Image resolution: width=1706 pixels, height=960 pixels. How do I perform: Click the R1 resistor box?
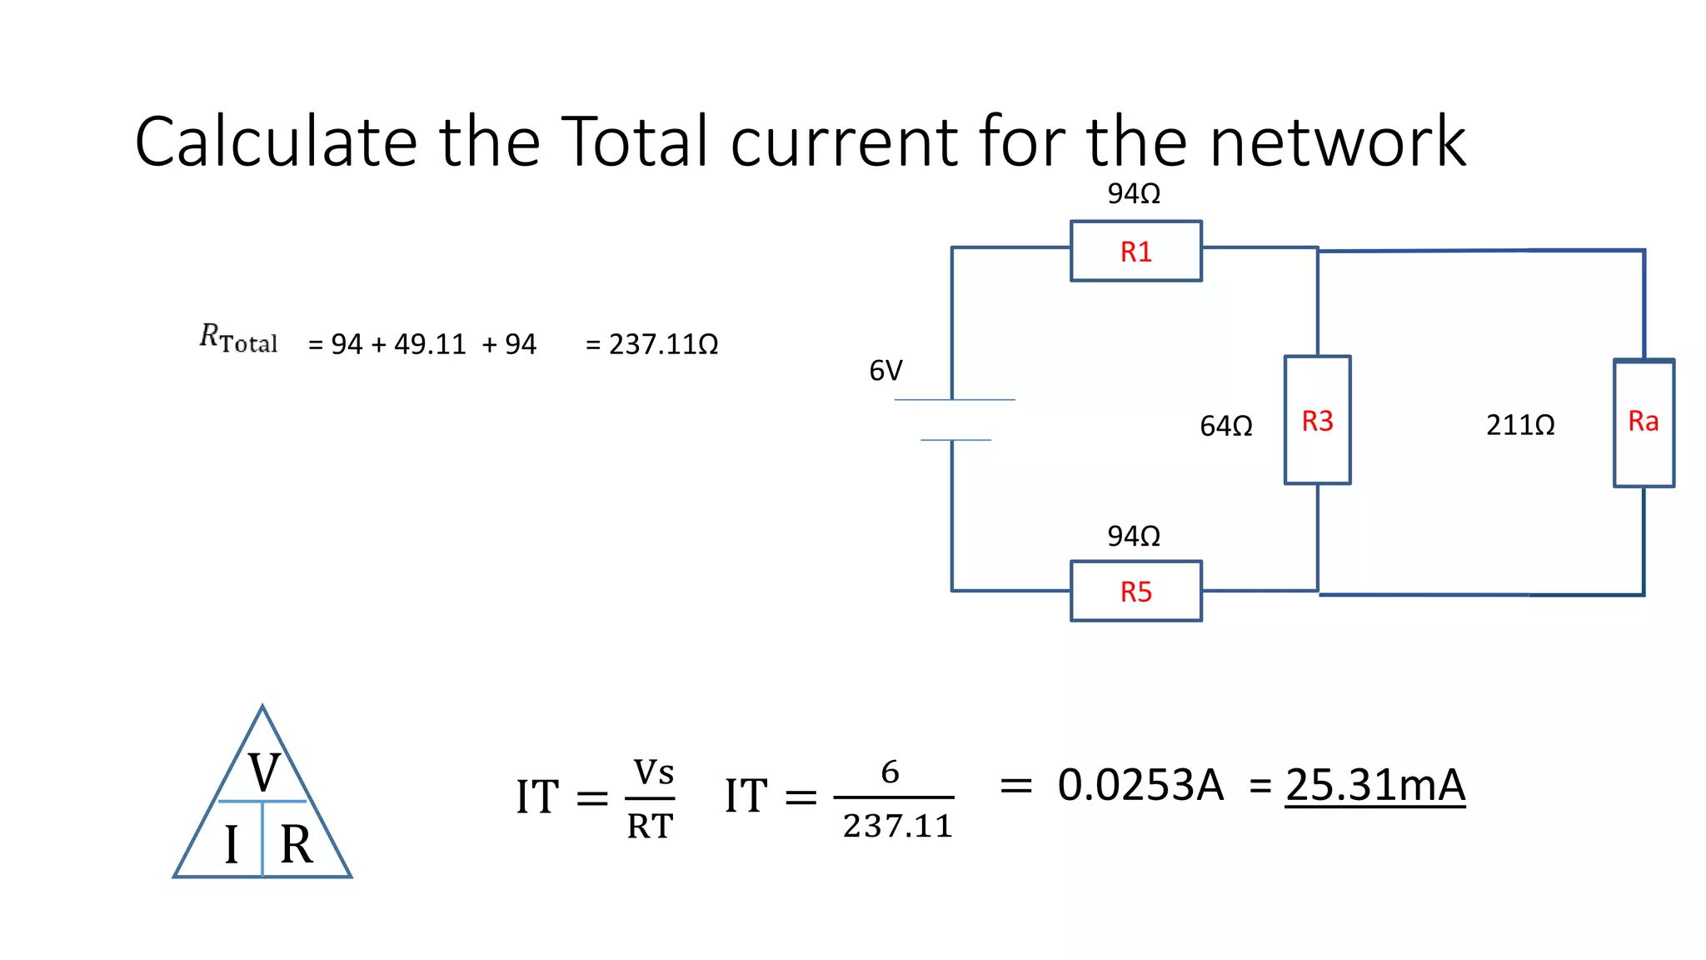click(1135, 251)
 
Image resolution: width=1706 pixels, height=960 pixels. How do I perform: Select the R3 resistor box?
click(1317, 420)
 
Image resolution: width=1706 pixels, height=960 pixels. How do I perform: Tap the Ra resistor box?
click(1643, 422)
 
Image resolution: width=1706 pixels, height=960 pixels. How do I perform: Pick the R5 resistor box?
click(1135, 591)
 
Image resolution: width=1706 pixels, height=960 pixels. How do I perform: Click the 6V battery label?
click(885, 371)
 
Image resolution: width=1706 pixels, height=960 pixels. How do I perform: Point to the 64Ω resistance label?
click(1225, 427)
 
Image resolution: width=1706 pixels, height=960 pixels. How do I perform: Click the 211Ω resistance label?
click(1519, 426)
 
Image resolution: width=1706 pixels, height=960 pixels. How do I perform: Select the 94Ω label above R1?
click(1133, 194)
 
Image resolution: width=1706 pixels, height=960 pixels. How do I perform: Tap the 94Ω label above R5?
click(1133, 536)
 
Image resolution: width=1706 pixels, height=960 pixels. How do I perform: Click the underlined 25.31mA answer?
click(1374, 785)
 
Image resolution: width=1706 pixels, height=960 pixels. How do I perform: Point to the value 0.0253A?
click(1140, 785)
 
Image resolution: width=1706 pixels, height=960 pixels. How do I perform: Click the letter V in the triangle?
click(263, 772)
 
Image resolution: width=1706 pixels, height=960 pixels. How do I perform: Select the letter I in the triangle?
click(232, 844)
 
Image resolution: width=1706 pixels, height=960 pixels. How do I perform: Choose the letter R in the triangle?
click(296, 844)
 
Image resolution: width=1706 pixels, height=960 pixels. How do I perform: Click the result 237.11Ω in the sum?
click(662, 344)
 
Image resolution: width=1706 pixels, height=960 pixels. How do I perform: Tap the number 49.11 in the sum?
click(430, 344)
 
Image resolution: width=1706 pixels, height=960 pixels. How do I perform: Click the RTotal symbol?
click(238, 338)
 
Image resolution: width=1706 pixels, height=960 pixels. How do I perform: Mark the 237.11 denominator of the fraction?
click(896, 826)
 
